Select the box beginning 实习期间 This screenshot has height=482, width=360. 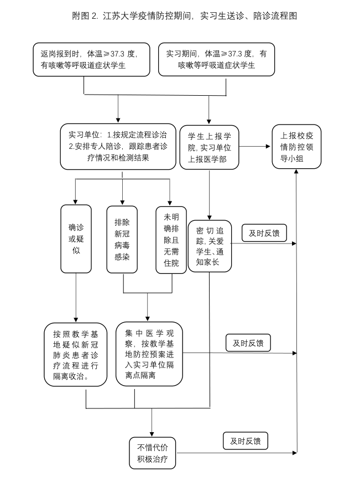tap(216, 59)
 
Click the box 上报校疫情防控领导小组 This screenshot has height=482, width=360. tap(296, 147)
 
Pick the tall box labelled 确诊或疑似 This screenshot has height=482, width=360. tap(76, 239)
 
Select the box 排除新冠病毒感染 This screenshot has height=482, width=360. tap(122, 239)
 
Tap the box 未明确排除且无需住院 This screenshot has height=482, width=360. tap(171, 239)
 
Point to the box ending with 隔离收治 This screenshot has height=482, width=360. tap(76, 354)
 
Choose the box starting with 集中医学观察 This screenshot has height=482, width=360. tap(149, 354)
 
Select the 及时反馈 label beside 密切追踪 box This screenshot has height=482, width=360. tap(264, 234)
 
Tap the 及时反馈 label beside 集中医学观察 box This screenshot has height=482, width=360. tap(248, 343)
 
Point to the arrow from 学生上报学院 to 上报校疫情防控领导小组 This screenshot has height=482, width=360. tap(254, 147)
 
